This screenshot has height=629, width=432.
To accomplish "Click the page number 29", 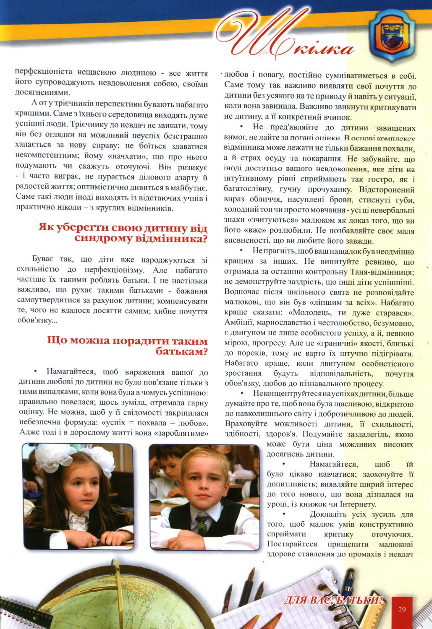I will pos(403,609).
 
